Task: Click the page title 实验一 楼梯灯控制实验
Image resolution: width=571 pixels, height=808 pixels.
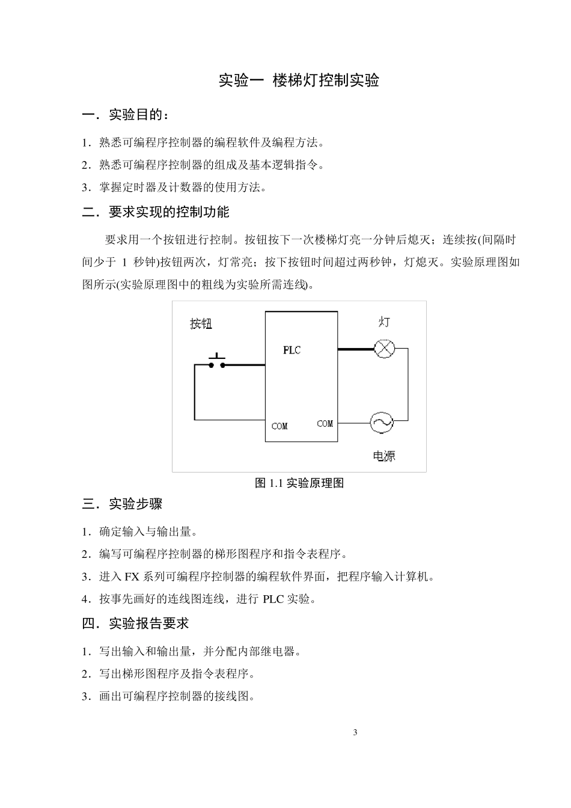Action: click(298, 81)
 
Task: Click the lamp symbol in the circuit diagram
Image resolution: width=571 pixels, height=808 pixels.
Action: click(383, 349)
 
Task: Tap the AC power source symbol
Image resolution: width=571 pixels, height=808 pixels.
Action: click(381, 423)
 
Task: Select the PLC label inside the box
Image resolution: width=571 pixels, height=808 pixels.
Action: click(292, 350)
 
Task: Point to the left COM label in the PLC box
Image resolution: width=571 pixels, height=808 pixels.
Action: click(279, 426)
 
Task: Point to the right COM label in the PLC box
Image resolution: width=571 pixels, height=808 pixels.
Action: click(325, 424)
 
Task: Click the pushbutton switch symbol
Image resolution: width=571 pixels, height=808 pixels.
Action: click(217, 363)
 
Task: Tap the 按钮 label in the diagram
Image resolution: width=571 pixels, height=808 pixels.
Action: click(201, 324)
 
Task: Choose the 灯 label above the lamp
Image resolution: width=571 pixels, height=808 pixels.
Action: click(384, 322)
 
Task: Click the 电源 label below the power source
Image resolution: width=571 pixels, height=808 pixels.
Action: click(384, 456)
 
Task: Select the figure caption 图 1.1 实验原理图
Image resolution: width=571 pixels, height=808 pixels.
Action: click(299, 483)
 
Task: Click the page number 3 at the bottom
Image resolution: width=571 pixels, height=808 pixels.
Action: click(355, 732)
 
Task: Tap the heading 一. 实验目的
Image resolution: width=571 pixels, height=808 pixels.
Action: click(126, 114)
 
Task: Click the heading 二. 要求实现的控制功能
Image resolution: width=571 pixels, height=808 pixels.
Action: click(156, 212)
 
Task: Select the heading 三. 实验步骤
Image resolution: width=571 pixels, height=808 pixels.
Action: click(122, 504)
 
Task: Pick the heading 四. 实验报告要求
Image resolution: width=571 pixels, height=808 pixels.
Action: click(135, 623)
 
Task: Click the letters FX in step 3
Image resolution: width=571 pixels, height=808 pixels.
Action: click(132, 577)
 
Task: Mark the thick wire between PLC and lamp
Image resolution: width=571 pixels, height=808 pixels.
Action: click(355, 349)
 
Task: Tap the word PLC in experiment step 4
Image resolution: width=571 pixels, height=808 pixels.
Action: click(274, 599)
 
